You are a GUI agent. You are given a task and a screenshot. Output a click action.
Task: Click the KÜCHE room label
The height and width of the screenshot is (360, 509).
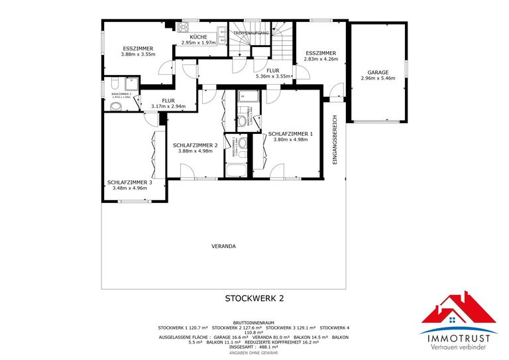[x=199, y=36]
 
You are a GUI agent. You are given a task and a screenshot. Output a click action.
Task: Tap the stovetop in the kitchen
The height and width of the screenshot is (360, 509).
[x=183, y=27]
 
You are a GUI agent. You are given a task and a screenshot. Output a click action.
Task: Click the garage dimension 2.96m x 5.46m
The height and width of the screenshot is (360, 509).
[x=378, y=78]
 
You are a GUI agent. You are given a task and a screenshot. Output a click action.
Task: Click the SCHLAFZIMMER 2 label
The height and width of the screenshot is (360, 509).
[x=196, y=145]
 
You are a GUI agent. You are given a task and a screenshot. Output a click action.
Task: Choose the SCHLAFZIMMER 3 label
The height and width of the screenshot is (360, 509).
[x=130, y=182]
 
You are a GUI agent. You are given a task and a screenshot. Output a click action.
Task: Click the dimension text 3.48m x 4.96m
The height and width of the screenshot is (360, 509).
[x=130, y=188]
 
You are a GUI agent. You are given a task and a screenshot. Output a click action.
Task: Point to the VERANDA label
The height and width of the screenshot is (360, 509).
[x=223, y=246]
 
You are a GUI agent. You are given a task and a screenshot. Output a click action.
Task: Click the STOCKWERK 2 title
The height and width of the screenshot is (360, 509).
[x=254, y=298]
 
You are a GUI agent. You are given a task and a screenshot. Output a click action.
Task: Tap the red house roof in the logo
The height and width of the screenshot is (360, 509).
[x=459, y=309]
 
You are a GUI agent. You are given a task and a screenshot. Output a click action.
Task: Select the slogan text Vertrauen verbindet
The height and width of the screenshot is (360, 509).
[x=459, y=347]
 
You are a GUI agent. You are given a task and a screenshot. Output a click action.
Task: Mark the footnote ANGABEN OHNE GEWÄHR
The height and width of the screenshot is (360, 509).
[x=254, y=353]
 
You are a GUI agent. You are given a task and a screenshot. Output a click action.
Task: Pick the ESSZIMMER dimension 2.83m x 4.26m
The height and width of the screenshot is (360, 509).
[x=321, y=59]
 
